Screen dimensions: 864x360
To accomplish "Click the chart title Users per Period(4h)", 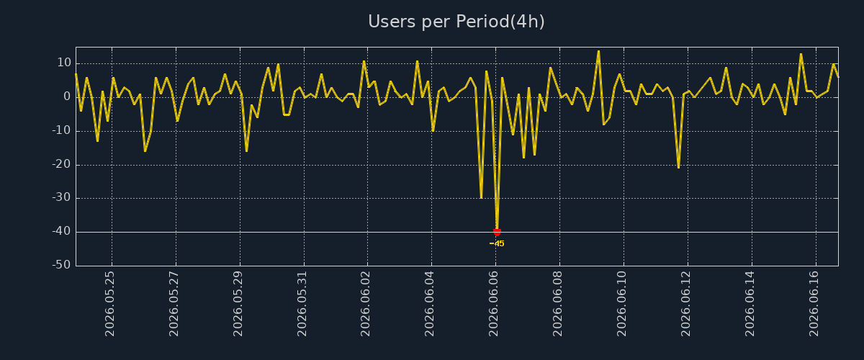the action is click(x=456, y=22).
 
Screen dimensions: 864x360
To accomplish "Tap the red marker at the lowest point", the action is click(x=497, y=232).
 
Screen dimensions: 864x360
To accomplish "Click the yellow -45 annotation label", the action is click(x=497, y=243).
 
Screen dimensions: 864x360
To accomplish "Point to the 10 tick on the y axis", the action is click(x=64, y=63).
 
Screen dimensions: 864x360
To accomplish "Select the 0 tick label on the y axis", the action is click(x=67, y=96).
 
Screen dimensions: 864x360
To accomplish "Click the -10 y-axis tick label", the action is click(x=62, y=130).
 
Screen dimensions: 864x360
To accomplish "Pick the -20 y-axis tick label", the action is click(x=62, y=164).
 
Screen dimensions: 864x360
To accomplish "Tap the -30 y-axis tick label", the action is click(x=62, y=197).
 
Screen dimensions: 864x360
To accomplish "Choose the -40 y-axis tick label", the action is click(x=62, y=231).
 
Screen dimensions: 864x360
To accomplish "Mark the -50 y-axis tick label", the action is click(x=62, y=265).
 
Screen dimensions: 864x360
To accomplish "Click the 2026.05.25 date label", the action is click(x=109, y=304).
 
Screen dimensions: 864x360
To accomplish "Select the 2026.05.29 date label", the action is click(x=238, y=304).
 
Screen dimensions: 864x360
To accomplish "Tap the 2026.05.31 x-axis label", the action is click(x=302, y=304).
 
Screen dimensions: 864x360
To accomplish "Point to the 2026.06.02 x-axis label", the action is click(x=365, y=304).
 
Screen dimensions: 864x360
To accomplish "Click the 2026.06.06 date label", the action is click(x=493, y=304).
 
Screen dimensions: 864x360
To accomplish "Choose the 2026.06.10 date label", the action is click(x=621, y=304).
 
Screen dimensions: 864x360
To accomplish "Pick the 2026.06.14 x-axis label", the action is click(x=750, y=304).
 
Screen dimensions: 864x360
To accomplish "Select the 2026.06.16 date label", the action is click(x=814, y=304).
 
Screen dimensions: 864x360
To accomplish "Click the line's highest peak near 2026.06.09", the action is click(x=598, y=51).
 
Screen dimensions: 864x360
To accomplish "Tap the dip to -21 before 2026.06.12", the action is click(x=678, y=167).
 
